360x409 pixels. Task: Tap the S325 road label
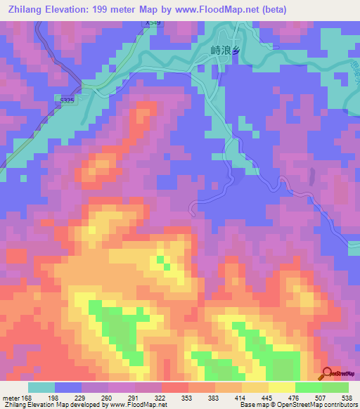[x=86, y=100]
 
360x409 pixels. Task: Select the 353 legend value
[x=187, y=397]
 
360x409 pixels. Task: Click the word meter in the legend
[x=10, y=397]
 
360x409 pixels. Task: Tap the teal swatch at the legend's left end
[x=41, y=387]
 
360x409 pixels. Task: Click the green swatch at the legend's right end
[x=335, y=387]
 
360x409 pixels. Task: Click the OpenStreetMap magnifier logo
[x=328, y=374]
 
